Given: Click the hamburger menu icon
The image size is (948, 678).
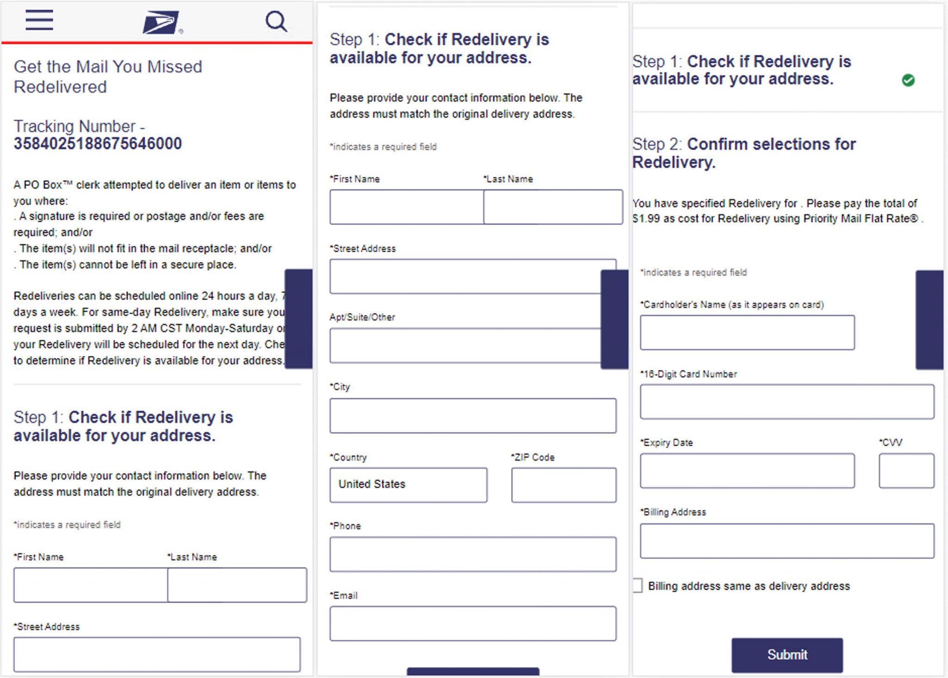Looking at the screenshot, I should [39, 20].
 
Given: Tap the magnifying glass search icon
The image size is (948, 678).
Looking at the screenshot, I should [276, 21].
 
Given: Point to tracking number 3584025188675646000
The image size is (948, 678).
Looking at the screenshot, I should [98, 143].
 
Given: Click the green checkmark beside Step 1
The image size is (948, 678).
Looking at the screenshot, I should [908, 80].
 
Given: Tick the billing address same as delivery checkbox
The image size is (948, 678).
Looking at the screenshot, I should [637, 585].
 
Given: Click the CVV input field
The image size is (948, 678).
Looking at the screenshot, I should [906, 471].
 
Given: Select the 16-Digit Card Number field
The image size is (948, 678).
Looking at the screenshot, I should [787, 402].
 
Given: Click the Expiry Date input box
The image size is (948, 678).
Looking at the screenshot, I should [747, 471].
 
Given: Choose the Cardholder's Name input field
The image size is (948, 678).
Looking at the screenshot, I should [747, 333].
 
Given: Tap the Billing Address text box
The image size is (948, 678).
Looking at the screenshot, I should [787, 541].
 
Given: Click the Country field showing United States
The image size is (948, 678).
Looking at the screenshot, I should [408, 485].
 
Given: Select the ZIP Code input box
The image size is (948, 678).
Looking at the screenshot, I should [563, 485].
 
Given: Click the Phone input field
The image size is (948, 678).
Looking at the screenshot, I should [473, 554].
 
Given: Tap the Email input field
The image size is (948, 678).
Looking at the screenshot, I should [473, 623].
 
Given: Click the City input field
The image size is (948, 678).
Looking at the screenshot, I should [473, 416].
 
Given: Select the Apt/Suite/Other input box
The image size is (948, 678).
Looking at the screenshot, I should [465, 346].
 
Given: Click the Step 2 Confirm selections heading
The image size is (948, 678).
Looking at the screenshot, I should [744, 153].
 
